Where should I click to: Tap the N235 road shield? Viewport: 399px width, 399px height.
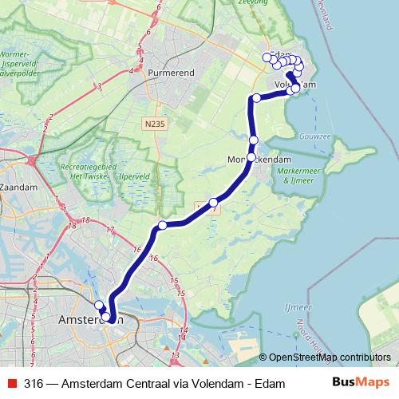(x=156, y=123)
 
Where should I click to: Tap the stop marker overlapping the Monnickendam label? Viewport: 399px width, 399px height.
(x=251, y=157)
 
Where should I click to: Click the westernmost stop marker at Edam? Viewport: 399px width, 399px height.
(x=267, y=57)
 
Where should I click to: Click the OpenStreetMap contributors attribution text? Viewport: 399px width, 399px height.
(x=329, y=357)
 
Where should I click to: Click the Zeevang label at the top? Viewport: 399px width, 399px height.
(x=255, y=3)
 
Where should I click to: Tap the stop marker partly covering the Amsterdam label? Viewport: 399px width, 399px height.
(x=106, y=317)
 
